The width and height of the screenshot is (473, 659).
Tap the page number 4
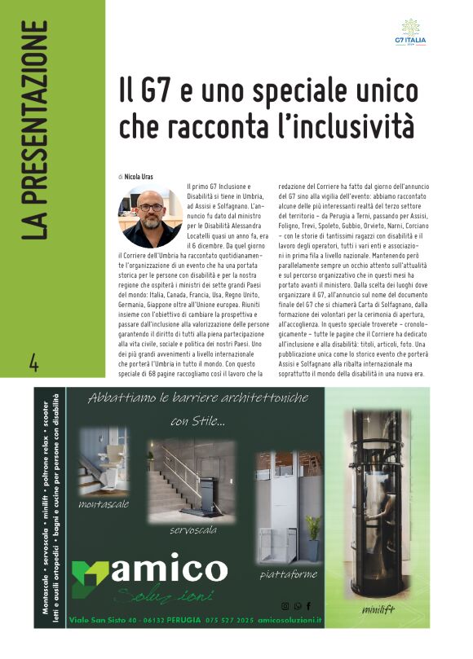(33, 362)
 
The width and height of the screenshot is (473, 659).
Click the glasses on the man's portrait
(150, 208)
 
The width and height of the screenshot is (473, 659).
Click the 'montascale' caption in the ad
(104, 505)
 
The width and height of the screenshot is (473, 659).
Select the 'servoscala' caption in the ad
(192, 530)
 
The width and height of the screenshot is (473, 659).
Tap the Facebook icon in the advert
(309, 605)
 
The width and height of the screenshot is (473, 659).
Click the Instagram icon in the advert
(285, 605)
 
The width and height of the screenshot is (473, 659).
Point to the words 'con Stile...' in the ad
(198, 421)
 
